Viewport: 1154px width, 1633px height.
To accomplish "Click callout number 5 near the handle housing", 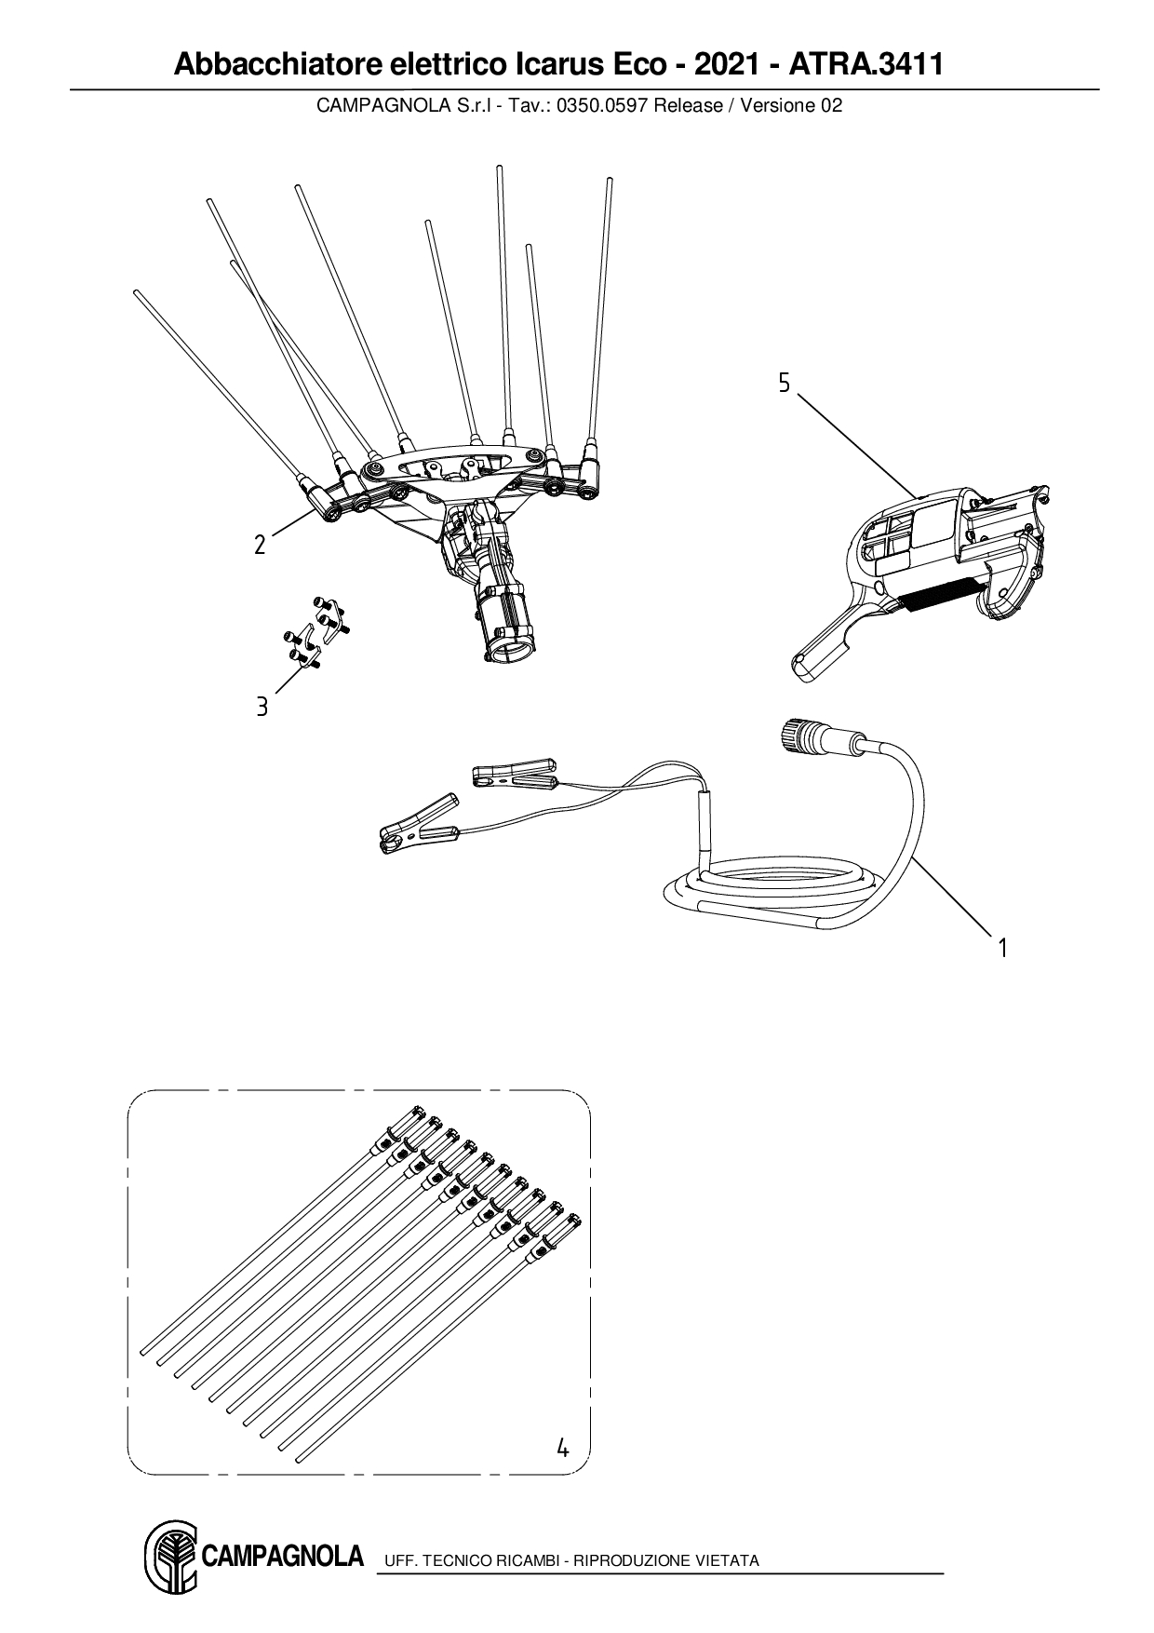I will tap(784, 383).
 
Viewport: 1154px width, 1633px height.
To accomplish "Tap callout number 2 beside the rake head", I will tap(261, 545).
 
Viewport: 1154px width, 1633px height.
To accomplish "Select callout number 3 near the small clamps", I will tap(262, 707).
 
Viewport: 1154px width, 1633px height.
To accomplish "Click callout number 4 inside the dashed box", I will tap(562, 1448).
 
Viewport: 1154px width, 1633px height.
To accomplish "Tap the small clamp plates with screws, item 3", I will tap(316, 633).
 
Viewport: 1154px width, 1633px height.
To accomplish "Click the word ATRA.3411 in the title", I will tap(866, 65).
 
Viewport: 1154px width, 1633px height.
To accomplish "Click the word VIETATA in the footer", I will tap(727, 1560).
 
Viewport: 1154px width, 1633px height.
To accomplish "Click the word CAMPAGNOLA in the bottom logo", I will tap(281, 1556).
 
